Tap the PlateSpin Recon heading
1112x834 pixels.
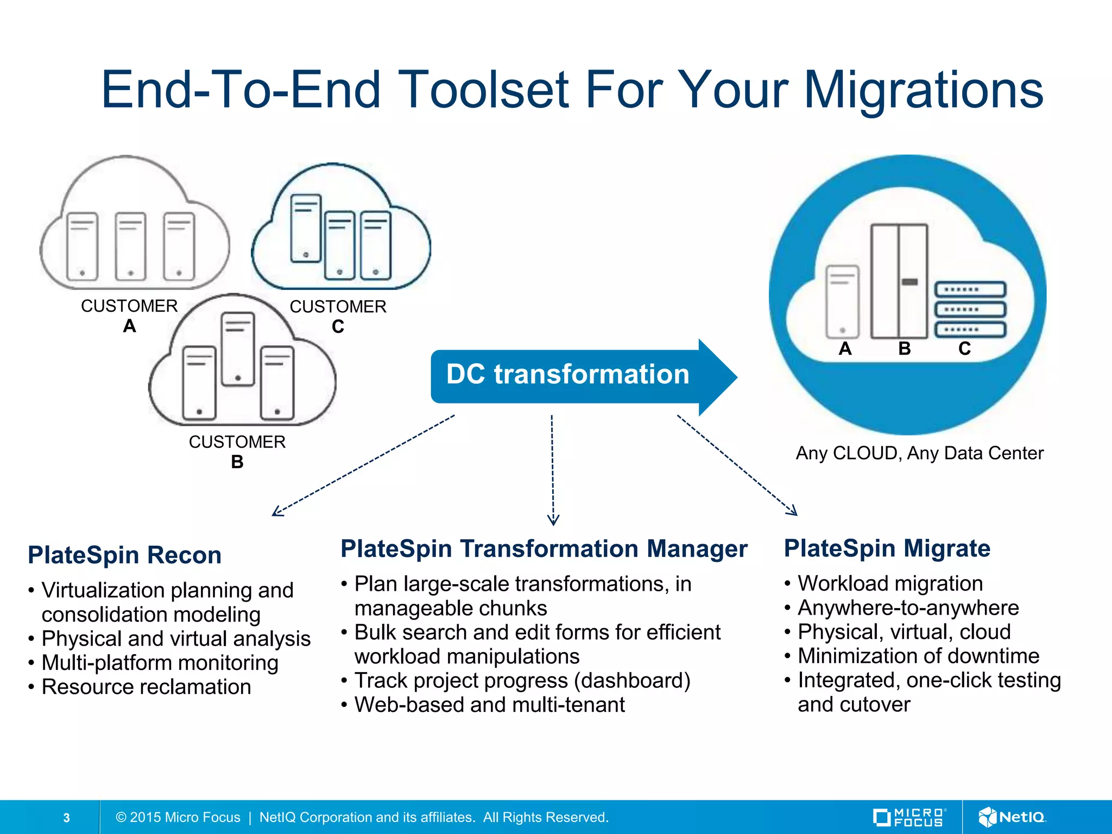124,555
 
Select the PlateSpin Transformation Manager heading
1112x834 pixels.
544,548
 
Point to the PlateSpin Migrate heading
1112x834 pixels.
887,548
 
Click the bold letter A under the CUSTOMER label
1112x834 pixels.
129,326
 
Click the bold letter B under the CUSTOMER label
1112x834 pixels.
237,462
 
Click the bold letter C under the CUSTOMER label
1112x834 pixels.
338,327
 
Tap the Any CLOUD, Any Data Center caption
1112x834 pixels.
919,453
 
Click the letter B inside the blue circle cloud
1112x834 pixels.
904,349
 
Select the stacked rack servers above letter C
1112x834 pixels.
970,309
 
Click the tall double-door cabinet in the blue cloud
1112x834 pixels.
899,281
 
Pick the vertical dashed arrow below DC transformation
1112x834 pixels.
552,470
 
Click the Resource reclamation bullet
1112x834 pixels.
146,687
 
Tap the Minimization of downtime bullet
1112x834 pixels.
918,656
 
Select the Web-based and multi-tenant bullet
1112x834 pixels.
489,705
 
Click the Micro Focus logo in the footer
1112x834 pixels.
909,817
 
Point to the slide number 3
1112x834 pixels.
66,818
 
